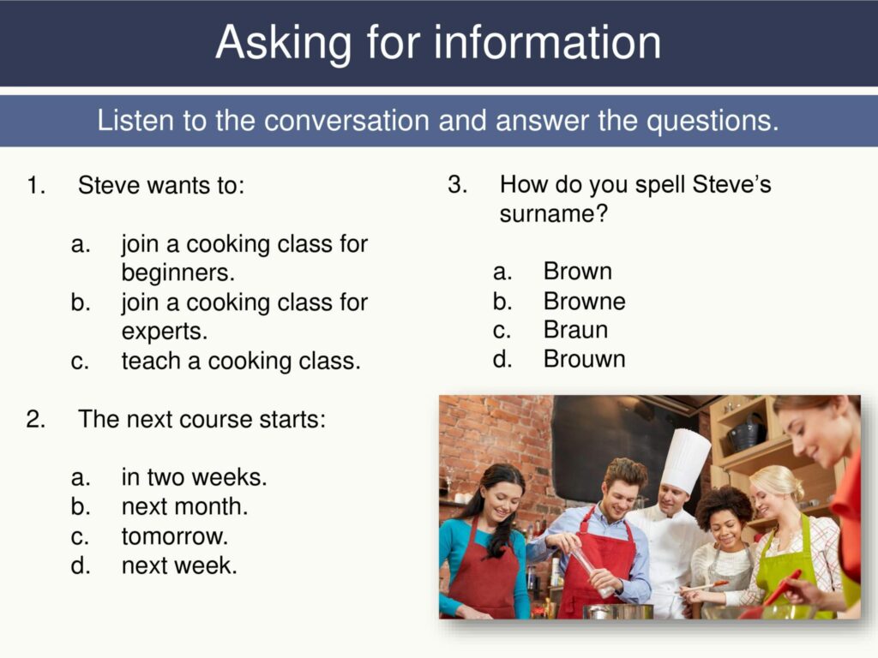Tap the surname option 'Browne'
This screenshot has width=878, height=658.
tap(584, 302)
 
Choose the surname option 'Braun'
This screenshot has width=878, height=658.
tap(575, 330)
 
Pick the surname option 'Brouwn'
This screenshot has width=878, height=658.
tap(584, 359)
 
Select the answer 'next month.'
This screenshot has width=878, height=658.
tap(184, 506)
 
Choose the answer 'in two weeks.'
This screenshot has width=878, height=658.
tap(194, 477)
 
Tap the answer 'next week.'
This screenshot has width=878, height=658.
tap(179, 565)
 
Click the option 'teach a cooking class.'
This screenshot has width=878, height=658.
tap(241, 361)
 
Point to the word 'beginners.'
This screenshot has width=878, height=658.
tap(177, 273)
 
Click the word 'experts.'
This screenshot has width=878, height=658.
tap(165, 331)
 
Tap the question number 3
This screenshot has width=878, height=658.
tap(457, 185)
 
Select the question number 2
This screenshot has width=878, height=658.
tap(35, 420)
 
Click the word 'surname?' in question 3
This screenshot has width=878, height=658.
tap(553, 214)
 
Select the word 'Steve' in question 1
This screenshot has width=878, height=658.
tap(108, 186)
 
